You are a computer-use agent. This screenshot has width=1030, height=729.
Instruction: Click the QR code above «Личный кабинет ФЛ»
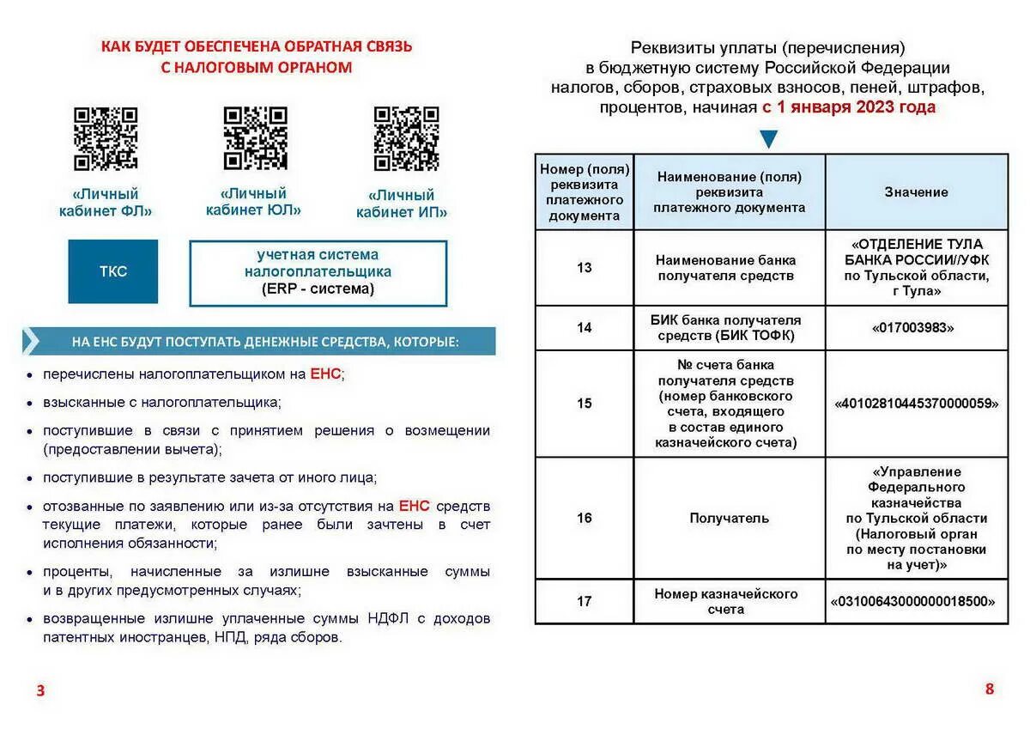pos(105,138)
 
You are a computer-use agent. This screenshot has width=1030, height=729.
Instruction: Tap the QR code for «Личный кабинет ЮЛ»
pos(255,137)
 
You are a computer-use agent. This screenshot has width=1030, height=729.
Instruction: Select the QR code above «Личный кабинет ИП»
pos(406,138)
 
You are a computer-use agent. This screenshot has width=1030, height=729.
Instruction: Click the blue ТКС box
pos(113,271)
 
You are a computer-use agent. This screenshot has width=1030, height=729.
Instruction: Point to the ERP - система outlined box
pos(318,273)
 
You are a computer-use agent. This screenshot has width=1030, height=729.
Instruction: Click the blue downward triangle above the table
pos(768,139)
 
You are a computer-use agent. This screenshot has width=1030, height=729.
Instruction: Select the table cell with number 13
pos(584,268)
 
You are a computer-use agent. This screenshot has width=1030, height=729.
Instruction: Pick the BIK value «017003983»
pos(916,328)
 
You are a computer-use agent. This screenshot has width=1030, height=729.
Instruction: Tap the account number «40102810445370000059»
pos(916,403)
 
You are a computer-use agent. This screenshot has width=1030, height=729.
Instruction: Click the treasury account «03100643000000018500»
pos(916,601)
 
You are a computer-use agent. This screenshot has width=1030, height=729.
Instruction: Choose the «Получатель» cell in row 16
pos(729,518)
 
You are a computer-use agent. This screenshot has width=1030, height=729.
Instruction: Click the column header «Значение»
pos(916,192)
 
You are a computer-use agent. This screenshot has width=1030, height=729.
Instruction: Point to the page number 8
pos(989,689)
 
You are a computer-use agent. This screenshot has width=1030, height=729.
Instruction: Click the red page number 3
pos(40,690)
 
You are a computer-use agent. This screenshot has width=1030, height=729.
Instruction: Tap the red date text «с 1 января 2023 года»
pos(848,107)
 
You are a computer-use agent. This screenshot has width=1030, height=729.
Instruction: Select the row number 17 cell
pos(584,601)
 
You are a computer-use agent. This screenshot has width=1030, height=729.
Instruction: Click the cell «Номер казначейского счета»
pos(729,601)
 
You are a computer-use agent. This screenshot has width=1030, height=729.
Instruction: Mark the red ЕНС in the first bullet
pos(325,374)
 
